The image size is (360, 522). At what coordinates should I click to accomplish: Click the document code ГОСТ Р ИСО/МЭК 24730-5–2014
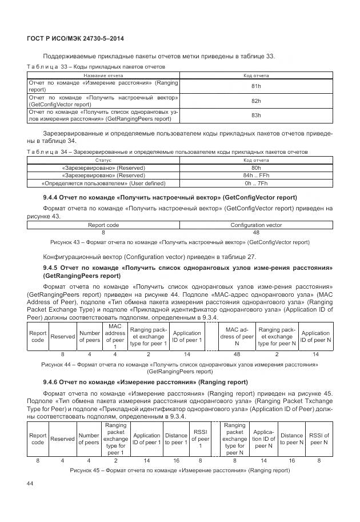tap(75, 38)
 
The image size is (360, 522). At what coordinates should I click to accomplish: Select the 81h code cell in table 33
tap(256, 86)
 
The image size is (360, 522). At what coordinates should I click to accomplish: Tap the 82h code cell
tap(256, 101)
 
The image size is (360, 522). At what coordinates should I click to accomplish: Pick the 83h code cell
tap(256, 115)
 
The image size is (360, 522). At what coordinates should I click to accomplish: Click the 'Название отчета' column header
tap(103, 75)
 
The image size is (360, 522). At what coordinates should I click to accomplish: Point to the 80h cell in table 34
tap(256, 168)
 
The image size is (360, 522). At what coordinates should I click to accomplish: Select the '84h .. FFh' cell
tap(256, 176)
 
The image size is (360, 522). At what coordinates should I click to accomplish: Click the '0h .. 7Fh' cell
tap(256, 184)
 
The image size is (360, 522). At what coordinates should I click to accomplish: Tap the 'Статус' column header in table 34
tap(103, 161)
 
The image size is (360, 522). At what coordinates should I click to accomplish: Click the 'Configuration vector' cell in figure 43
tap(256, 225)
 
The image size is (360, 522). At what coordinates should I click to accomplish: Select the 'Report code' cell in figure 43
tap(103, 225)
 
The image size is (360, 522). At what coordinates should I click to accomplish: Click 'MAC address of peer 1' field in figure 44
tap(115, 336)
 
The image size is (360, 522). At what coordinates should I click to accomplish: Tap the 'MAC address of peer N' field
tap(237, 336)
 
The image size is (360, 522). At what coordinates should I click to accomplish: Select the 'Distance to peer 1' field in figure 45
tap(176, 439)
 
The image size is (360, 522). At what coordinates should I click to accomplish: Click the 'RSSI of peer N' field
tap(319, 439)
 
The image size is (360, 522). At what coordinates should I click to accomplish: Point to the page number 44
tap(31, 484)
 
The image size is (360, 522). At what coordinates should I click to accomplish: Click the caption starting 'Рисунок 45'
tap(179, 470)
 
